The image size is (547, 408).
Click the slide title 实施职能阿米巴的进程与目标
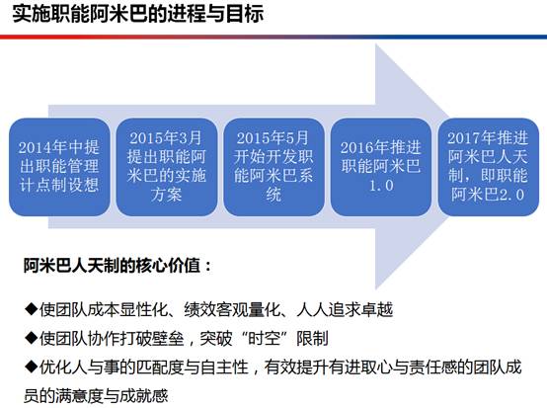(138, 15)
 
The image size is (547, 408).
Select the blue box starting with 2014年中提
(59, 167)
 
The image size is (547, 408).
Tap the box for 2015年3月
(167, 167)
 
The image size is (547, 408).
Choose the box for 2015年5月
(273, 167)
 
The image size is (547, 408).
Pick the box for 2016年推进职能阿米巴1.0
(381, 167)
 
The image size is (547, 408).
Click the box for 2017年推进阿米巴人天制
(489, 167)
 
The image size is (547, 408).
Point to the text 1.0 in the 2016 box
(381, 186)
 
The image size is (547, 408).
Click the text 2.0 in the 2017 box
(511, 195)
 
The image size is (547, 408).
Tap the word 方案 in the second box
(167, 195)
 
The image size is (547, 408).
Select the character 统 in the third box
(273, 195)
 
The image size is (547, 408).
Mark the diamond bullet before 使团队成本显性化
(31, 309)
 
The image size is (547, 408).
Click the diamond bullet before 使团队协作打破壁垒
(31, 338)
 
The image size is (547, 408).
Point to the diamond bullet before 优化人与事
(31, 367)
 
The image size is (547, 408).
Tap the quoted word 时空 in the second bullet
(264, 338)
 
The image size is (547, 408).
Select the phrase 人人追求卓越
(345, 309)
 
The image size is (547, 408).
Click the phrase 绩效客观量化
(232, 309)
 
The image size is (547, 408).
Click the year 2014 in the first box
(35, 147)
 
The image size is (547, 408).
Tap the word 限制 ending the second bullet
(312, 338)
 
